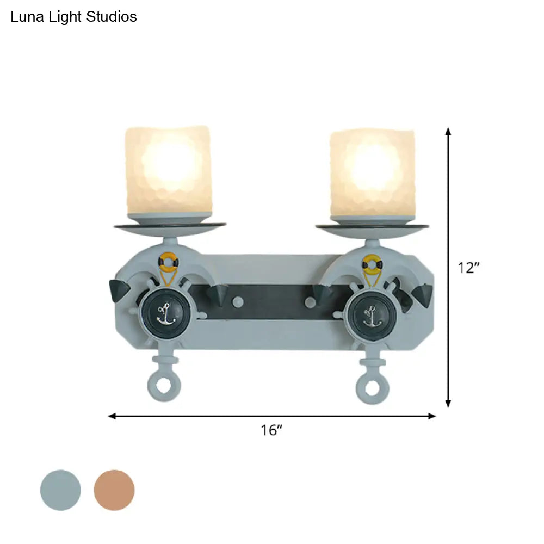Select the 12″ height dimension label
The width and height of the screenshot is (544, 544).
coord(468,268)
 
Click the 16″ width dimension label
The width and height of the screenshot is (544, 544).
coord(271,430)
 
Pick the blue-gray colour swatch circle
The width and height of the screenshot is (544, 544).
coord(60,490)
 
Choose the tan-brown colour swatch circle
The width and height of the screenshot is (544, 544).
coord(114,490)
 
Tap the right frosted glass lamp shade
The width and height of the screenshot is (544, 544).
coord(372,173)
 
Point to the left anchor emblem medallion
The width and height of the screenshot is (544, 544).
coord(166,313)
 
